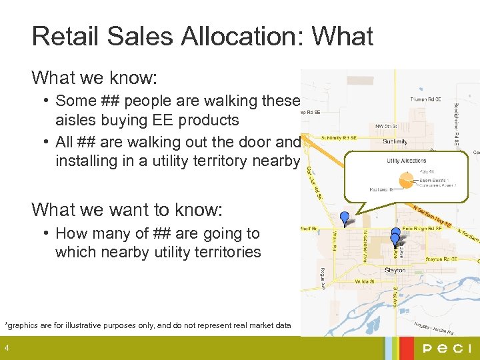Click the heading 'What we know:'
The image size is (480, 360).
click(94, 78)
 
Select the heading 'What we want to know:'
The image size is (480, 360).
click(127, 210)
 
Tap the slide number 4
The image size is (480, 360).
click(7, 348)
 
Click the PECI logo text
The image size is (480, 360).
click(446, 349)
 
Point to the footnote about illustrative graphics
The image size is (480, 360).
click(148, 325)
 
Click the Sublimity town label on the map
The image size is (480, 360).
click(395, 142)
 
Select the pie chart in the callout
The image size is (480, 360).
click(403, 179)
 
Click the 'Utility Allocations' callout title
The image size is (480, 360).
click(407, 161)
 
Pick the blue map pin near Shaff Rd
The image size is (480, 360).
click(344, 217)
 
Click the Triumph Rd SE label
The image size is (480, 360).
click(425, 99)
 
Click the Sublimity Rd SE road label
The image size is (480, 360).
click(338, 138)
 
